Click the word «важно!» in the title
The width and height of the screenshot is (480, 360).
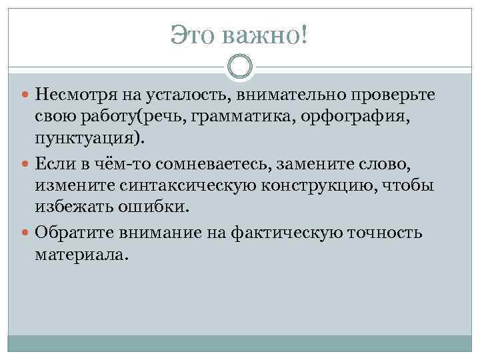coord(266,35)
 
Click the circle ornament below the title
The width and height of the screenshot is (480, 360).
coord(240,67)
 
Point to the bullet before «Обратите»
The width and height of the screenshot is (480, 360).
coord(26,233)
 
